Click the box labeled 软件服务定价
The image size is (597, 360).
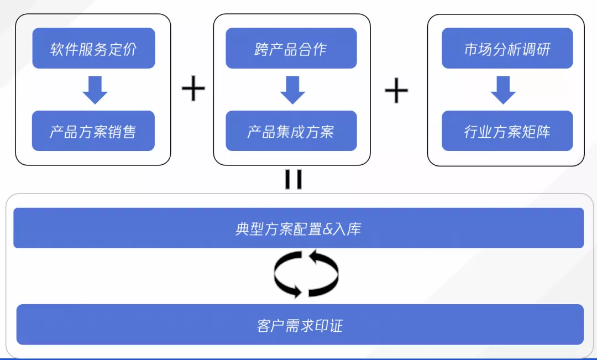click(93, 49)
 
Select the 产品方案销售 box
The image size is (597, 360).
click(93, 131)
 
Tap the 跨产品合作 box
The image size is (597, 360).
click(291, 49)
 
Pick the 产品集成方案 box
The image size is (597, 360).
click(291, 131)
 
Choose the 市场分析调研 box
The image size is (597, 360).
click(507, 49)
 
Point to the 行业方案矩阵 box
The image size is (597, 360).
click(507, 131)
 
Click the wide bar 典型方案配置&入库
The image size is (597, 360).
click(298, 228)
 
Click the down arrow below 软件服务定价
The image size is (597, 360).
click(95, 90)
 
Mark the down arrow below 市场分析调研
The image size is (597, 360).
click(503, 90)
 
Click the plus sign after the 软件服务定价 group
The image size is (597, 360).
click(193, 90)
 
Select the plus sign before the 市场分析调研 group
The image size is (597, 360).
click(396, 91)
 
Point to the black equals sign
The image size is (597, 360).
click(293, 180)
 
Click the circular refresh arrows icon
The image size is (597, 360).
click(306, 274)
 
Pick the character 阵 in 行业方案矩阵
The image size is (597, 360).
click(543, 132)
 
